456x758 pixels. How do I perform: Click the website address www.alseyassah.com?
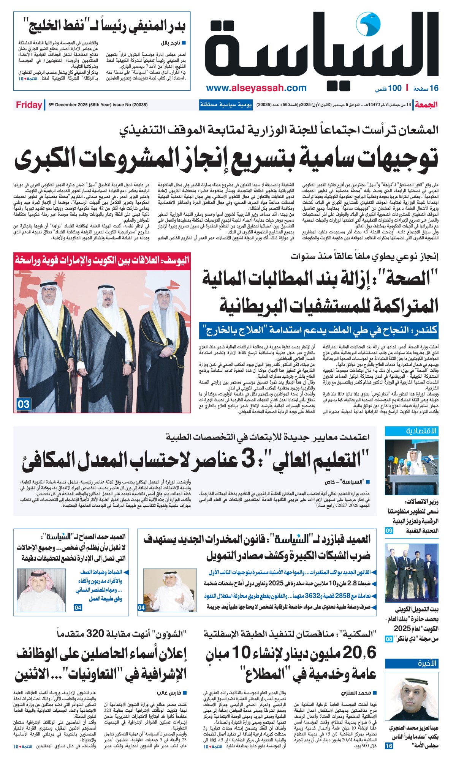point(256,88)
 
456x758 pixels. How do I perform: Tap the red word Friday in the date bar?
point(29,105)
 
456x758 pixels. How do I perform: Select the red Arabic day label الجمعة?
point(426,105)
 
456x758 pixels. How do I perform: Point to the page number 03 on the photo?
point(23,404)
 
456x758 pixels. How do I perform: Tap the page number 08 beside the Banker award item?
point(389,639)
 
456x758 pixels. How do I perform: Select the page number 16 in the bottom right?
point(389,746)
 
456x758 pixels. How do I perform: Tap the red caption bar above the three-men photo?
point(102,260)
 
